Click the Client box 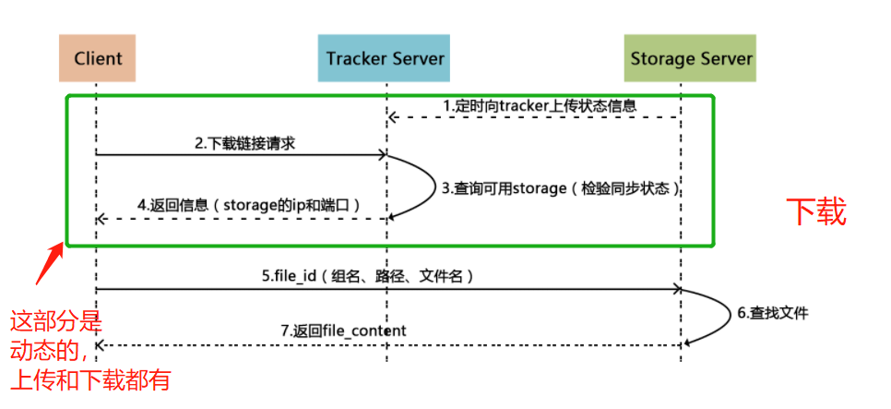[96, 58]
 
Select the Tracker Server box [385, 58]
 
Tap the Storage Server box [691, 58]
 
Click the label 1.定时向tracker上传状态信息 [539, 105]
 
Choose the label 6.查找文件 [773, 313]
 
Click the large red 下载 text [815, 212]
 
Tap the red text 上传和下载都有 [90, 379]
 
